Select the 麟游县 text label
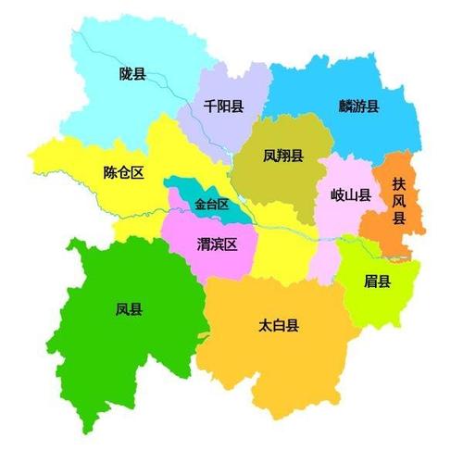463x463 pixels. pyautogui.click(x=358, y=106)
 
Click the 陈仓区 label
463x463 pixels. pyautogui.click(x=124, y=172)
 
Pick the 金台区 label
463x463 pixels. pyautogui.click(x=211, y=204)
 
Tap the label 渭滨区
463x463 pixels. pyautogui.click(x=218, y=245)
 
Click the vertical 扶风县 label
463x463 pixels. pyautogui.click(x=399, y=201)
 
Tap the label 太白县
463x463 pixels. pyautogui.click(x=279, y=325)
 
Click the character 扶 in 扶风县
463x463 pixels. pyautogui.click(x=399, y=183)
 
